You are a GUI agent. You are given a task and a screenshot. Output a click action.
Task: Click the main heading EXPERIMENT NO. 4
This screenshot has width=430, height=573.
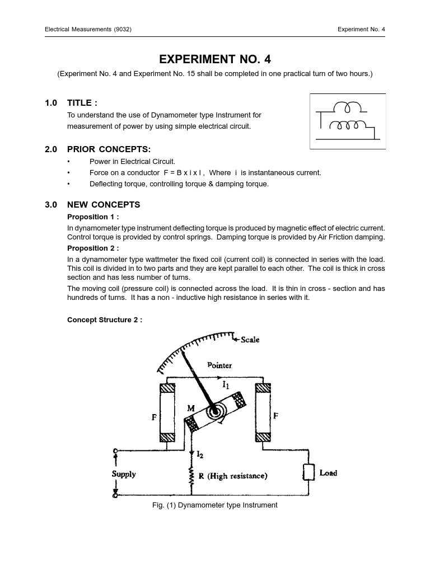pyautogui.click(x=215, y=60)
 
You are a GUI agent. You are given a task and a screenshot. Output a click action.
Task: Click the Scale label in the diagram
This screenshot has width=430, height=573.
pyautogui.click(x=250, y=340)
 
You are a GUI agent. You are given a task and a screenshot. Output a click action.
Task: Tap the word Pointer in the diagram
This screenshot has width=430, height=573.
pyautogui.click(x=219, y=365)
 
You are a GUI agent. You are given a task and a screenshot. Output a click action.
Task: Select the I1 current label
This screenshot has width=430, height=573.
pyautogui.click(x=226, y=385)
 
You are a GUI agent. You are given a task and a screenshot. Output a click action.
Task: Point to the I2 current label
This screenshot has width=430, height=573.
pyautogui.click(x=200, y=455)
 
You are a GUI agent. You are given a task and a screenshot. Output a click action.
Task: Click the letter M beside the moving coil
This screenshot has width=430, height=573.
pyautogui.click(x=191, y=408)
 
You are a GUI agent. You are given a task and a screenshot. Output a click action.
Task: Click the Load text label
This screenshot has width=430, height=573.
pyautogui.click(x=328, y=473)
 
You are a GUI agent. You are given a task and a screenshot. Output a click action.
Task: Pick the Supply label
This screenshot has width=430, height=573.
pyautogui.click(x=124, y=474)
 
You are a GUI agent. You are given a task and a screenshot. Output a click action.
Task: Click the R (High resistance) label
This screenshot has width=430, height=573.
pyautogui.click(x=233, y=476)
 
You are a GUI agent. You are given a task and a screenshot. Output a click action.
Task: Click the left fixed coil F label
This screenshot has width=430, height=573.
pyautogui.click(x=155, y=417)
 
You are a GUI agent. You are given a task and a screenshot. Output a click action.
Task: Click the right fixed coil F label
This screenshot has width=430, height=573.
pyautogui.click(x=275, y=416)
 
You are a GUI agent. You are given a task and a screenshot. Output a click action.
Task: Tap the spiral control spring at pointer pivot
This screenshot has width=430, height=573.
pyautogui.click(x=213, y=412)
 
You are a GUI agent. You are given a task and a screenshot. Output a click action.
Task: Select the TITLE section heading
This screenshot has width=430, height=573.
pyautogui.click(x=82, y=103)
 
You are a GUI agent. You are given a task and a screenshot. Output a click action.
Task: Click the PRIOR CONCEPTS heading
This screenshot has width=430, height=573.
pyautogui.click(x=109, y=149)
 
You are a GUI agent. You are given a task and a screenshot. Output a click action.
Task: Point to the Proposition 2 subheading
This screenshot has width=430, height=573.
pyautogui.click(x=93, y=248)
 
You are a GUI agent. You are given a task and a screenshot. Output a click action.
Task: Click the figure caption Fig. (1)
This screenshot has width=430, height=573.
pyautogui.click(x=214, y=505)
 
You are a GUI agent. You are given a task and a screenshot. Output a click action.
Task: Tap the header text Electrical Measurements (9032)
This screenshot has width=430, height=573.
pyautogui.click(x=88, y=29)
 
